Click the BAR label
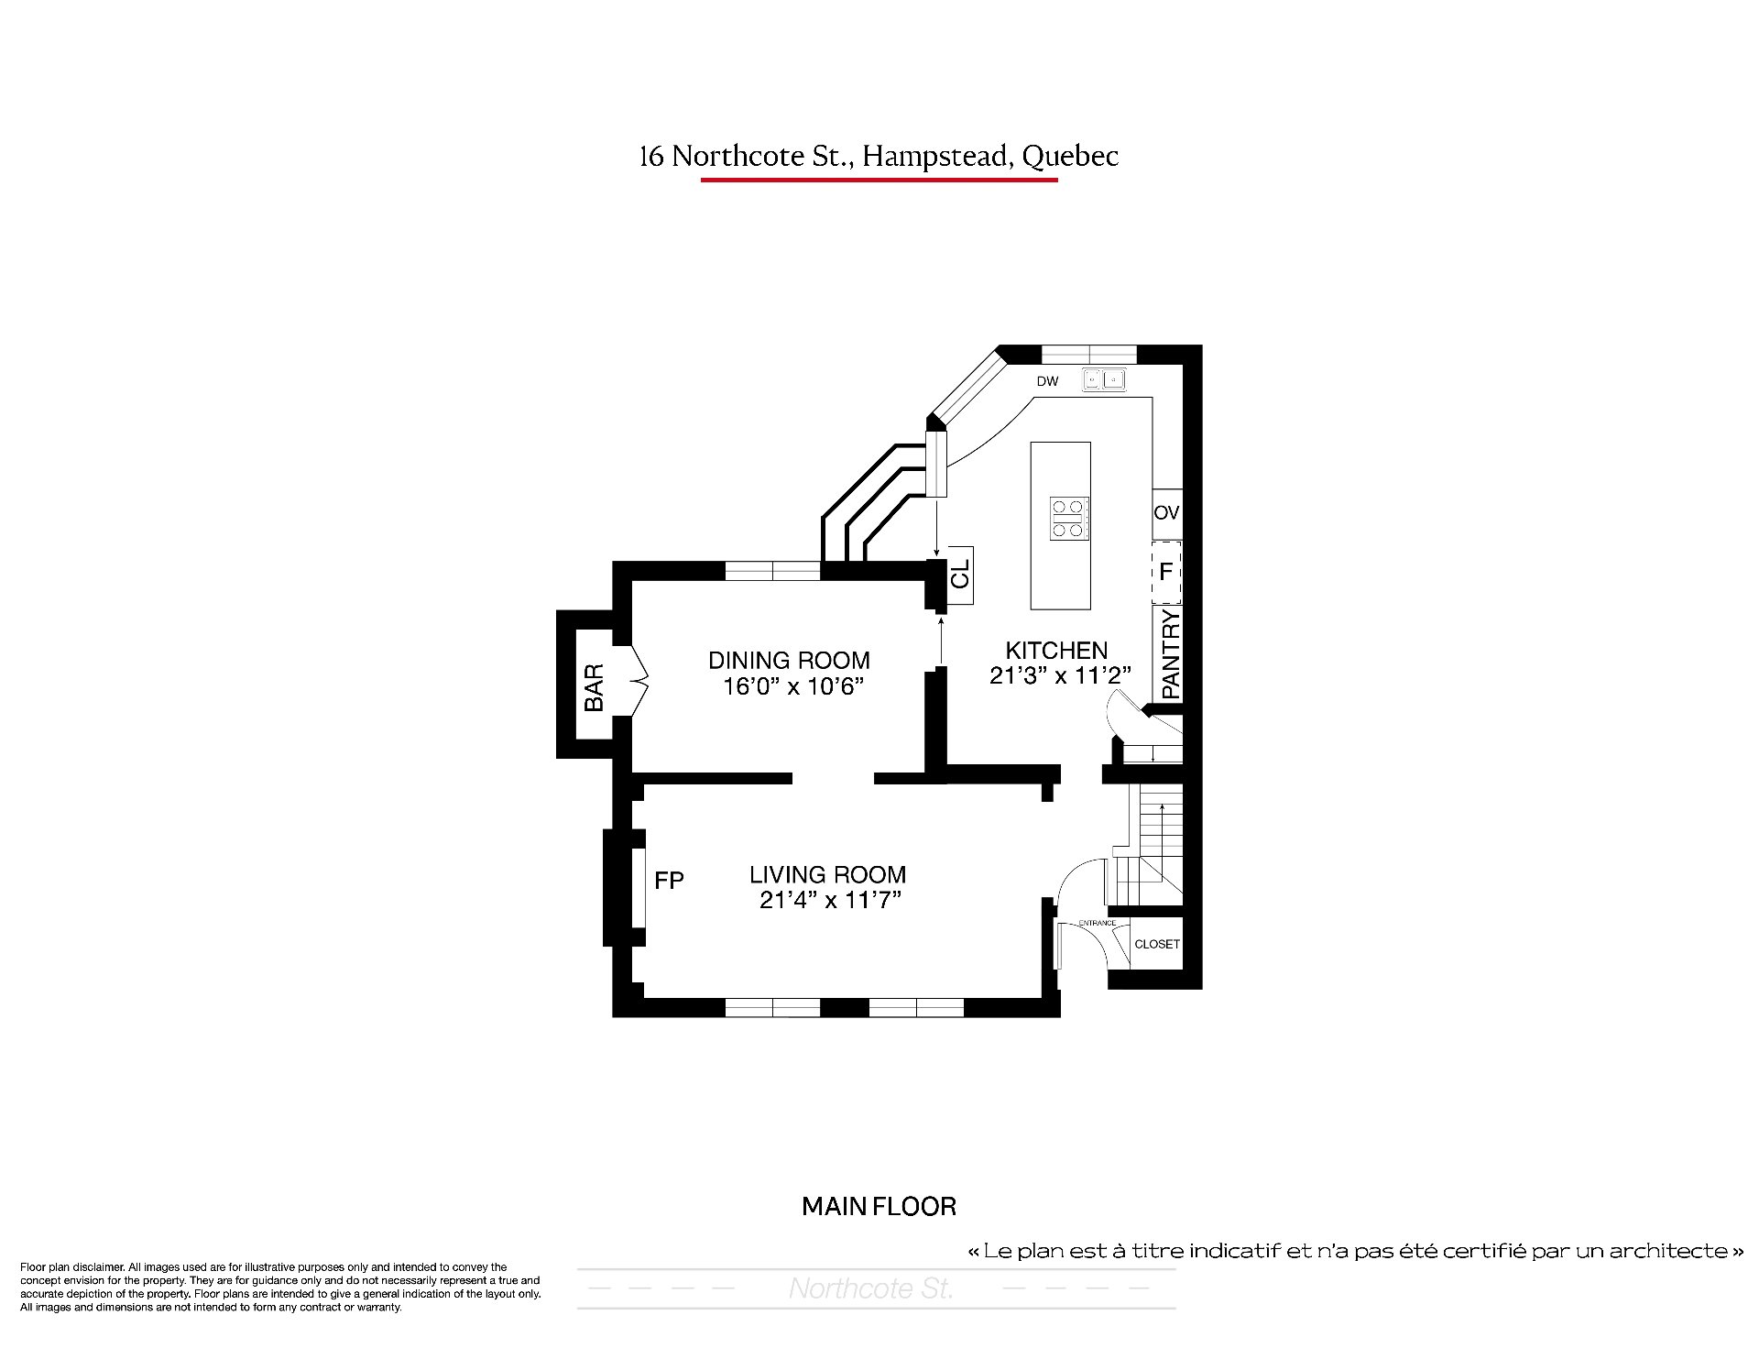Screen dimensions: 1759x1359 pos(594,688)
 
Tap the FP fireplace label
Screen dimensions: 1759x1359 pos(669,881)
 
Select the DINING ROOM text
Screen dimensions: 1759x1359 pos(790,660)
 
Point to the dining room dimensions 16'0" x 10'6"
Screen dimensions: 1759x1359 pos(793,686)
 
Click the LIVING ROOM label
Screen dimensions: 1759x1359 pos(828,874)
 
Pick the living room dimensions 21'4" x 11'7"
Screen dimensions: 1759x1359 pos(831,900)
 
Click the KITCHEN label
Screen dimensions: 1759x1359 pos(1056,651)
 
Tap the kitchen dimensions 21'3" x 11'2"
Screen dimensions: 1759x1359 pos(1061,675)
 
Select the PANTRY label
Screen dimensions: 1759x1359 pos(1171,654)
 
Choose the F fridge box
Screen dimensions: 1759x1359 pos(1166,572)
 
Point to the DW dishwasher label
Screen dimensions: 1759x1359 pos(1048,381)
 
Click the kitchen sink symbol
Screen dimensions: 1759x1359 pos(1104,378)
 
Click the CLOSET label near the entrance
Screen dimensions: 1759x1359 pos(1157,944)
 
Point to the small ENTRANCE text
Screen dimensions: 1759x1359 pos(1097,923)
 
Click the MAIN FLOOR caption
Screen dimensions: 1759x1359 pos(879,1207)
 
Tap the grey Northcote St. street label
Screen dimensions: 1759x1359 pos(871,1289)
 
